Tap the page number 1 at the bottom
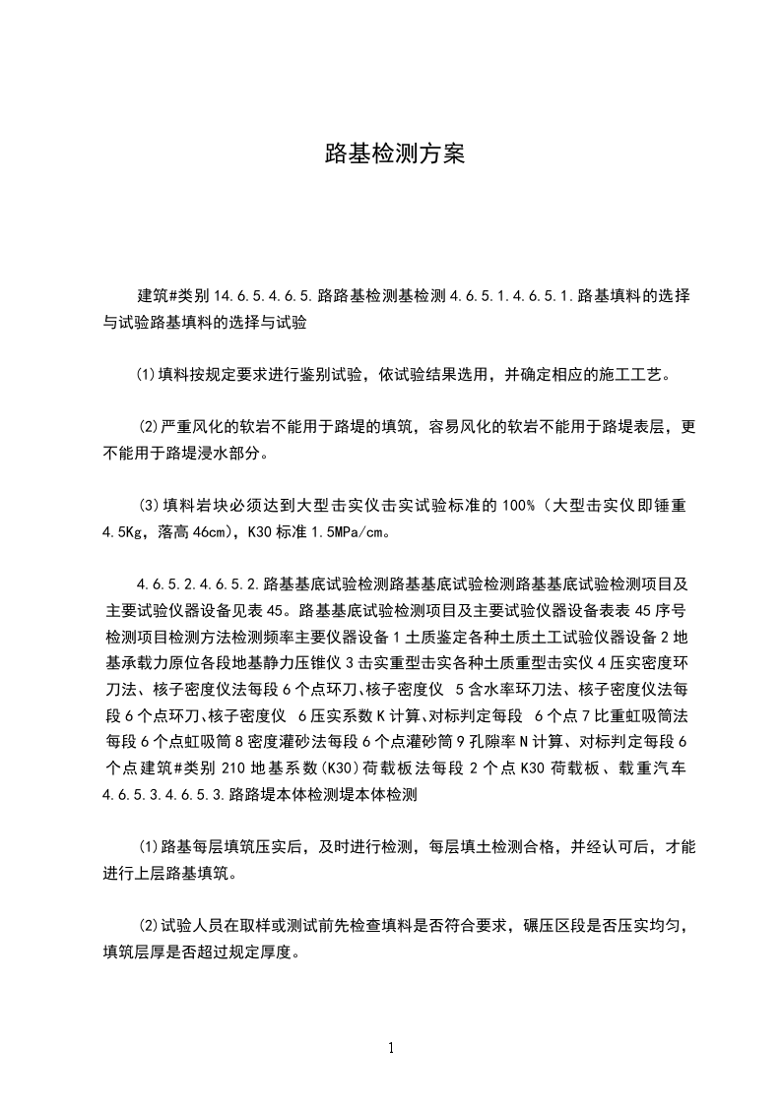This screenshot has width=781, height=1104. pyautogui.click(x=391, y=1048)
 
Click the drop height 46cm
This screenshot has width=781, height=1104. pyautogui.click(x=210, y=532)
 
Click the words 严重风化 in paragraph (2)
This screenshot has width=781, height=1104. pyautogui.click(x=192, y=427)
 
